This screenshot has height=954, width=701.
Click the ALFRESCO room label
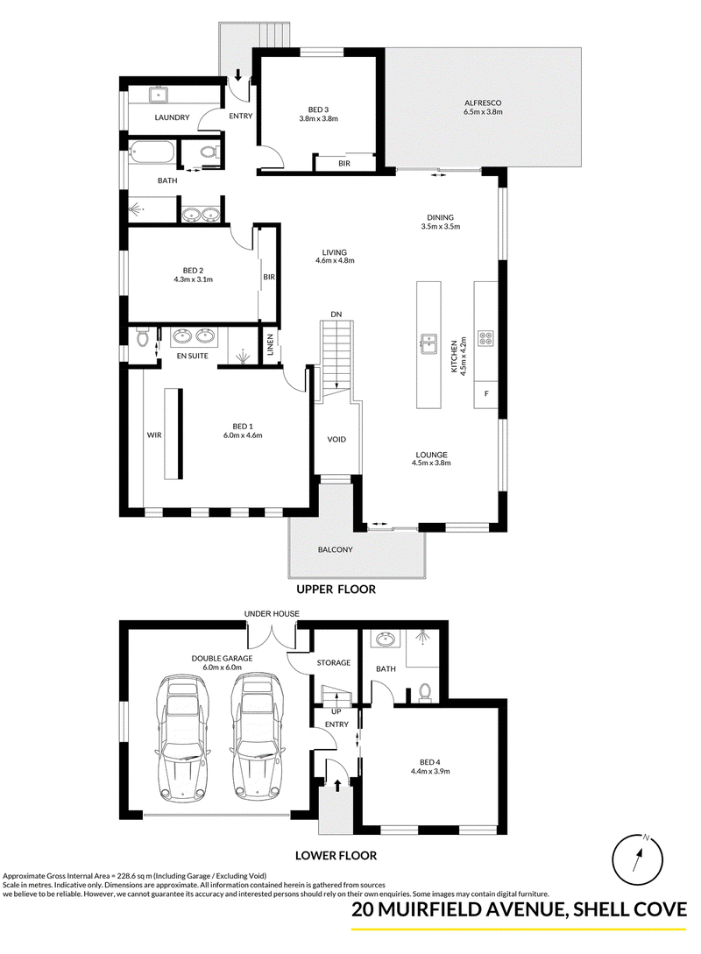coord(483,102)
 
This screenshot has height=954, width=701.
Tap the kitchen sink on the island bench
coord(428,343)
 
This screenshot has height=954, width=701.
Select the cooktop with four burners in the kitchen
coord(486,337)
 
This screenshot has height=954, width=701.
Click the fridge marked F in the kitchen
coord(486,394)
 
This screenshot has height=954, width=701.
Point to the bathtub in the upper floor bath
coord(151,152)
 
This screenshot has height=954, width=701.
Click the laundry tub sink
coord(159,95)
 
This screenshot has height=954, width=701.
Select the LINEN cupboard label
coord(270,345)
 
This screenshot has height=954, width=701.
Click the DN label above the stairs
coord(336,314)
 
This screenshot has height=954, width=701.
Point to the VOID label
coord(336,439)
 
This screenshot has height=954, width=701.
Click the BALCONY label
coord(336,549)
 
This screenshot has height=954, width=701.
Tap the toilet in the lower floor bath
coord(425,693)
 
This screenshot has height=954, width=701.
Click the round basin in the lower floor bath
coord(385,640)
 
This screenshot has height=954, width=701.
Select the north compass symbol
coord(637,859)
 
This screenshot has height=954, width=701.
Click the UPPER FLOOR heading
coord(336,589)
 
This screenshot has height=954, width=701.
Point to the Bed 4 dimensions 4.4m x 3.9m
coord(429,772)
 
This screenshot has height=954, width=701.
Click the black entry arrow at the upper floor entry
coord(238,74)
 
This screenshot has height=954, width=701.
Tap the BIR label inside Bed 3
coord(344,163)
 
